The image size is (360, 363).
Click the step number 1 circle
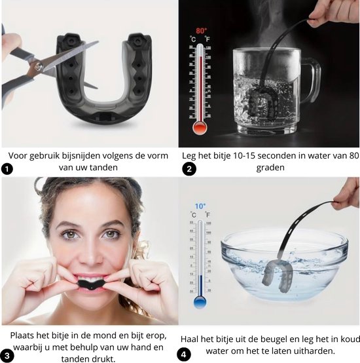click(6, 168)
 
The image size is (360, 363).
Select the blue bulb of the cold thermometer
click(199, 302)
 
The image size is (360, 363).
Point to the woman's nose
click(90, 252)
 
